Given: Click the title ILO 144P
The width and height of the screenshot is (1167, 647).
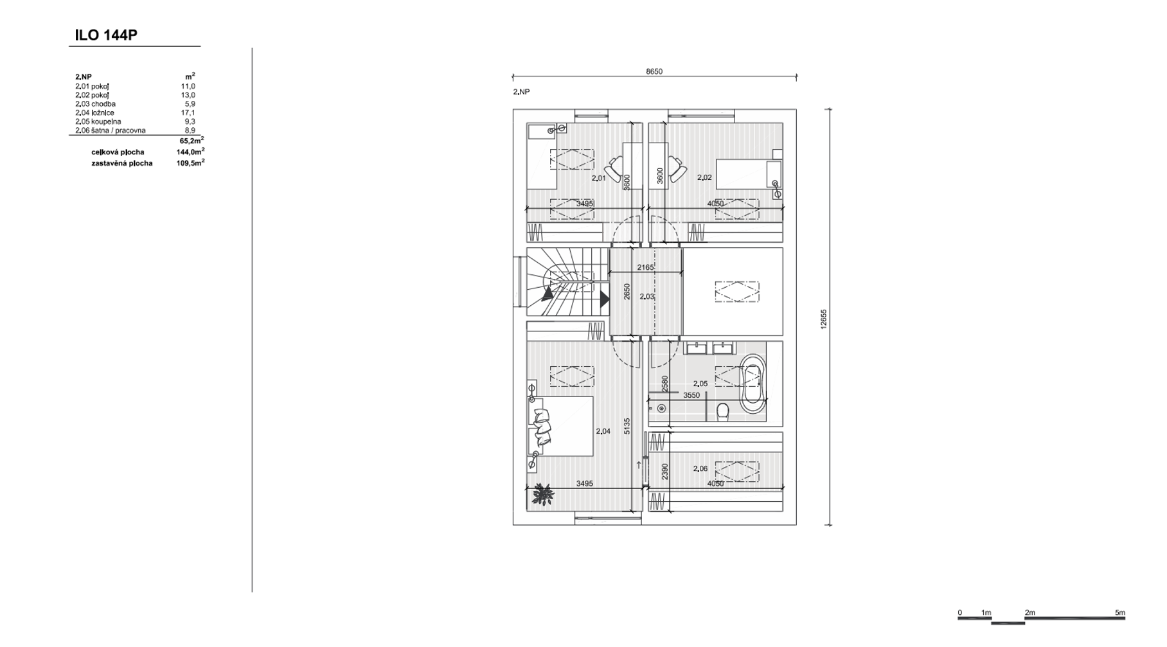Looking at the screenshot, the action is tap(106, 35).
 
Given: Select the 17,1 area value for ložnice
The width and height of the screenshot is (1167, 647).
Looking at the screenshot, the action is tap(188, 112).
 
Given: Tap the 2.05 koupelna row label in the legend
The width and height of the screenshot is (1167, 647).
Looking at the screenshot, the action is tap(98, 121).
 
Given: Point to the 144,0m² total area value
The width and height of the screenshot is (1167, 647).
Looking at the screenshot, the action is tap(190, 152).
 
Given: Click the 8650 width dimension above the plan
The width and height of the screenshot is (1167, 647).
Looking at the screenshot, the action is tap(654, 71).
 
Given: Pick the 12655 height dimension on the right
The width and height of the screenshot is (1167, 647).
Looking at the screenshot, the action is tap(823, 319).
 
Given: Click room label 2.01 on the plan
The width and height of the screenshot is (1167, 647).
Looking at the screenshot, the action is tap(598, 178).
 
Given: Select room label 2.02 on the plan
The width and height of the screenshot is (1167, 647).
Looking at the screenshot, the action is tap(704, 177).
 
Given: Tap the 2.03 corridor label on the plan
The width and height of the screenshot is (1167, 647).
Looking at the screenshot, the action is tap(647, 297).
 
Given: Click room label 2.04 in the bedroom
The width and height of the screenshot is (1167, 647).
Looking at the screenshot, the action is tap(603, 431).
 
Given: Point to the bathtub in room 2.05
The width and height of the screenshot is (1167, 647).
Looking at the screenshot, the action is tap(753, 384).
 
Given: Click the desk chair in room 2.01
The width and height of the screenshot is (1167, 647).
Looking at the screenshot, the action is tap(616, 169).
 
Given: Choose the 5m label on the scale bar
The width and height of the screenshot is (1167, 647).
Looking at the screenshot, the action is tap(1120, 613).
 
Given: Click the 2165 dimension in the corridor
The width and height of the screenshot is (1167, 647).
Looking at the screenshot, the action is tap(645, 267).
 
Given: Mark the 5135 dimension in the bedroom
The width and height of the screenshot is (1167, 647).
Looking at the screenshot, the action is tap(627, 427).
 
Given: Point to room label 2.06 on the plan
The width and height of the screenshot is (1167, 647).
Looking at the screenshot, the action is tap(700, 469).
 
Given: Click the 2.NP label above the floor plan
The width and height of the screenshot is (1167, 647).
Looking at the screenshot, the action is tap(521, 92).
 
